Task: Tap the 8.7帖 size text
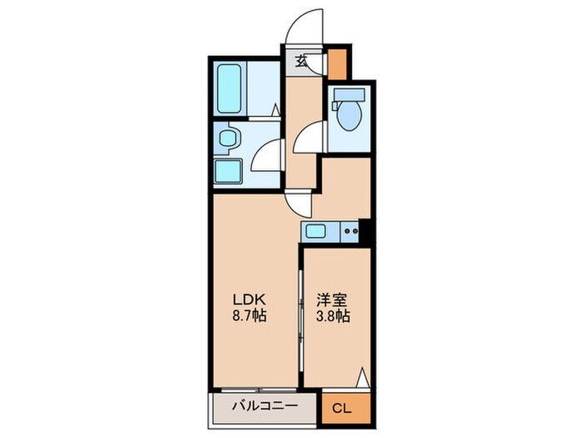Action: pos(249,317)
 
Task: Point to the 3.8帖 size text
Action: pos(332,317)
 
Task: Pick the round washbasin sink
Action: pos(226,139)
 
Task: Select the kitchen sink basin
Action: pos(318,231)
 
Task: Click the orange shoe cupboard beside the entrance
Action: pos(338,64)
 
